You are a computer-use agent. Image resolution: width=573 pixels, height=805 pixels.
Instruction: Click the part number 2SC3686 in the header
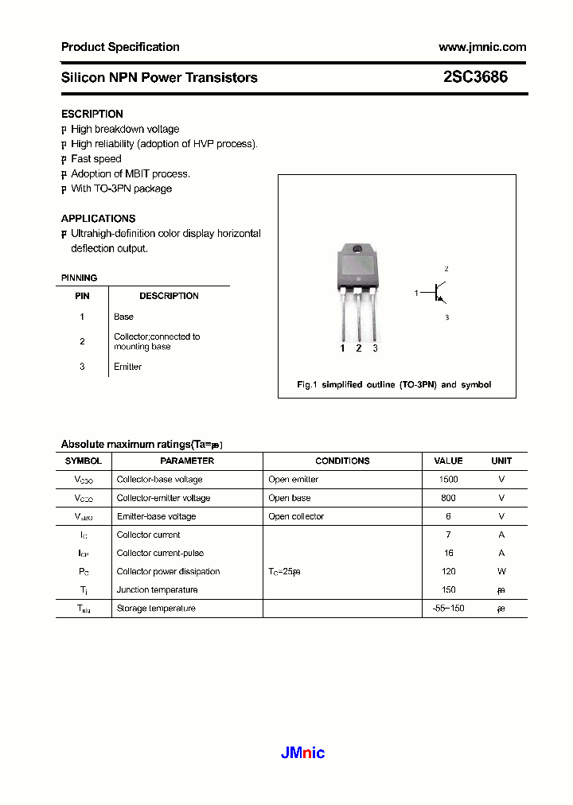point(475,77)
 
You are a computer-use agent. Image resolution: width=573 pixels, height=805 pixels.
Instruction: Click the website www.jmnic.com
point(482,47)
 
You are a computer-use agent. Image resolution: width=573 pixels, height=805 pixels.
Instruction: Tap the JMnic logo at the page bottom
point(302,752)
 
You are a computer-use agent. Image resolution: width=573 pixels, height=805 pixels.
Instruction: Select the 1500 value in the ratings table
point(448,480)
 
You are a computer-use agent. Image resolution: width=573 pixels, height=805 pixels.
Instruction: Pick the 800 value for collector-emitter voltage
point(448,498)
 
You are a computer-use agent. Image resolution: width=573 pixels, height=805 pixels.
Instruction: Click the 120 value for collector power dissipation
point(448,571)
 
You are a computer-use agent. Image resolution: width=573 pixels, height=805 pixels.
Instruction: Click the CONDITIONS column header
point(342,461)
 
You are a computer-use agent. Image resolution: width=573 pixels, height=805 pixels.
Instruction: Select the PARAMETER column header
point(187,461)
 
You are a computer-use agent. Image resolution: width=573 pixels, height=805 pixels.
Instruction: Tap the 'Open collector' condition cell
point(296,516)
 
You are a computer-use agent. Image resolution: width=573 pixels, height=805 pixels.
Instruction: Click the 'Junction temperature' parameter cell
point(157,589)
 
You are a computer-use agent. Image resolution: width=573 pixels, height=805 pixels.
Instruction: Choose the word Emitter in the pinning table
point(127,367)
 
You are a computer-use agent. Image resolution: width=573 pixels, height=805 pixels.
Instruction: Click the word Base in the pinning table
point(123,317)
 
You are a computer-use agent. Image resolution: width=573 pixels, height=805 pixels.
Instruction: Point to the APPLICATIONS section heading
point(98,218)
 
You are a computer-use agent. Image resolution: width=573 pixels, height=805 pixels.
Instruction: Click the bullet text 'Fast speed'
point(96,159)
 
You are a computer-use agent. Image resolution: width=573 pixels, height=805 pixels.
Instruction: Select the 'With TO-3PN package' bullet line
point(121,189)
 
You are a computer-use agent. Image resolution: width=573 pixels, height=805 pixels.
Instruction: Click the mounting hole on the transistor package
point(358,252)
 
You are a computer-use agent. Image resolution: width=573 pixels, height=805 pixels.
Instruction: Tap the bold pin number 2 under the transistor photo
point(359,348)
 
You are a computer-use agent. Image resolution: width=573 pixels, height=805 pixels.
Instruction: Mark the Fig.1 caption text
point(394,384)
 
